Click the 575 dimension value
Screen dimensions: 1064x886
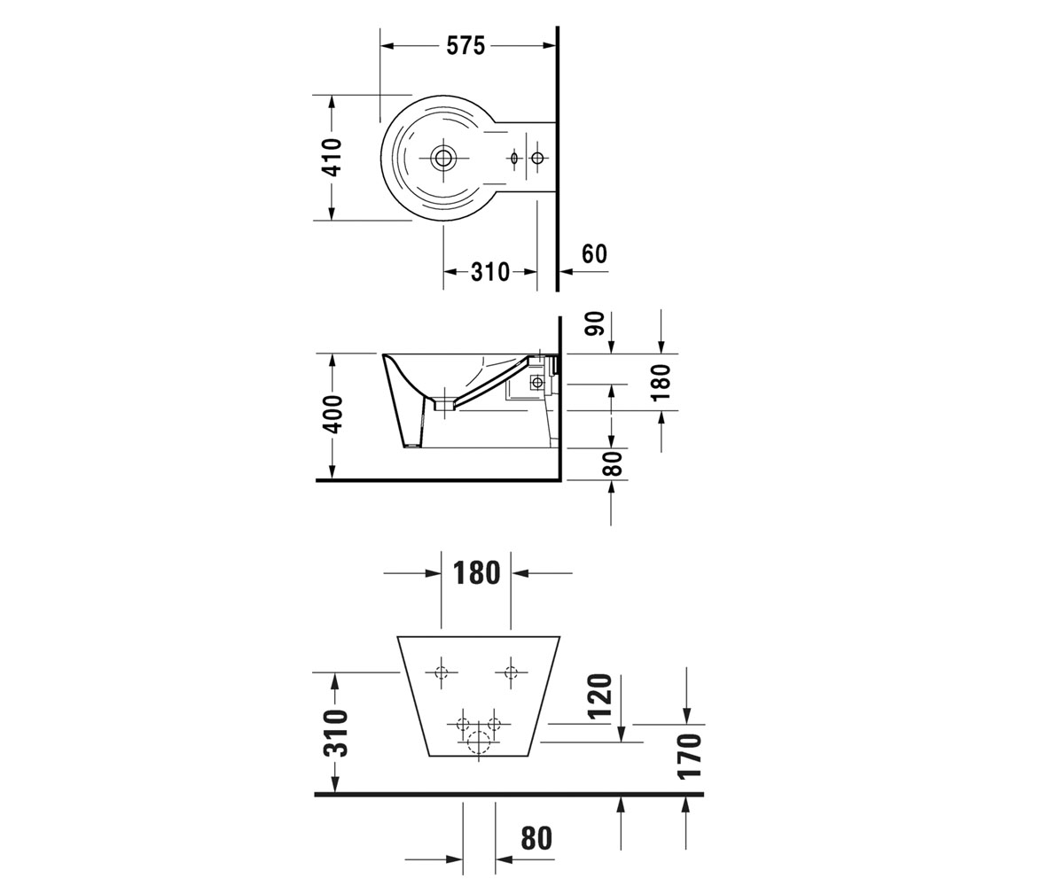tap(465, 46)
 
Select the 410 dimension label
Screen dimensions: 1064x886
tap(332, 158)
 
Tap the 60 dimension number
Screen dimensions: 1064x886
tap(594, 254)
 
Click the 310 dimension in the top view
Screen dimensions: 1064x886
tap(489, 272)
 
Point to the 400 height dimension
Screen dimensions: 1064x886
tap(333, 414)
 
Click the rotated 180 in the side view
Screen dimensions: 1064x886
tap(661, 383)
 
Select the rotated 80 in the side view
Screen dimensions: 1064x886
tap(613, 462)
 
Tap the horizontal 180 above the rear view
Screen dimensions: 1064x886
tap(476, 573)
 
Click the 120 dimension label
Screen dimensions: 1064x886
tap(599, 696)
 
